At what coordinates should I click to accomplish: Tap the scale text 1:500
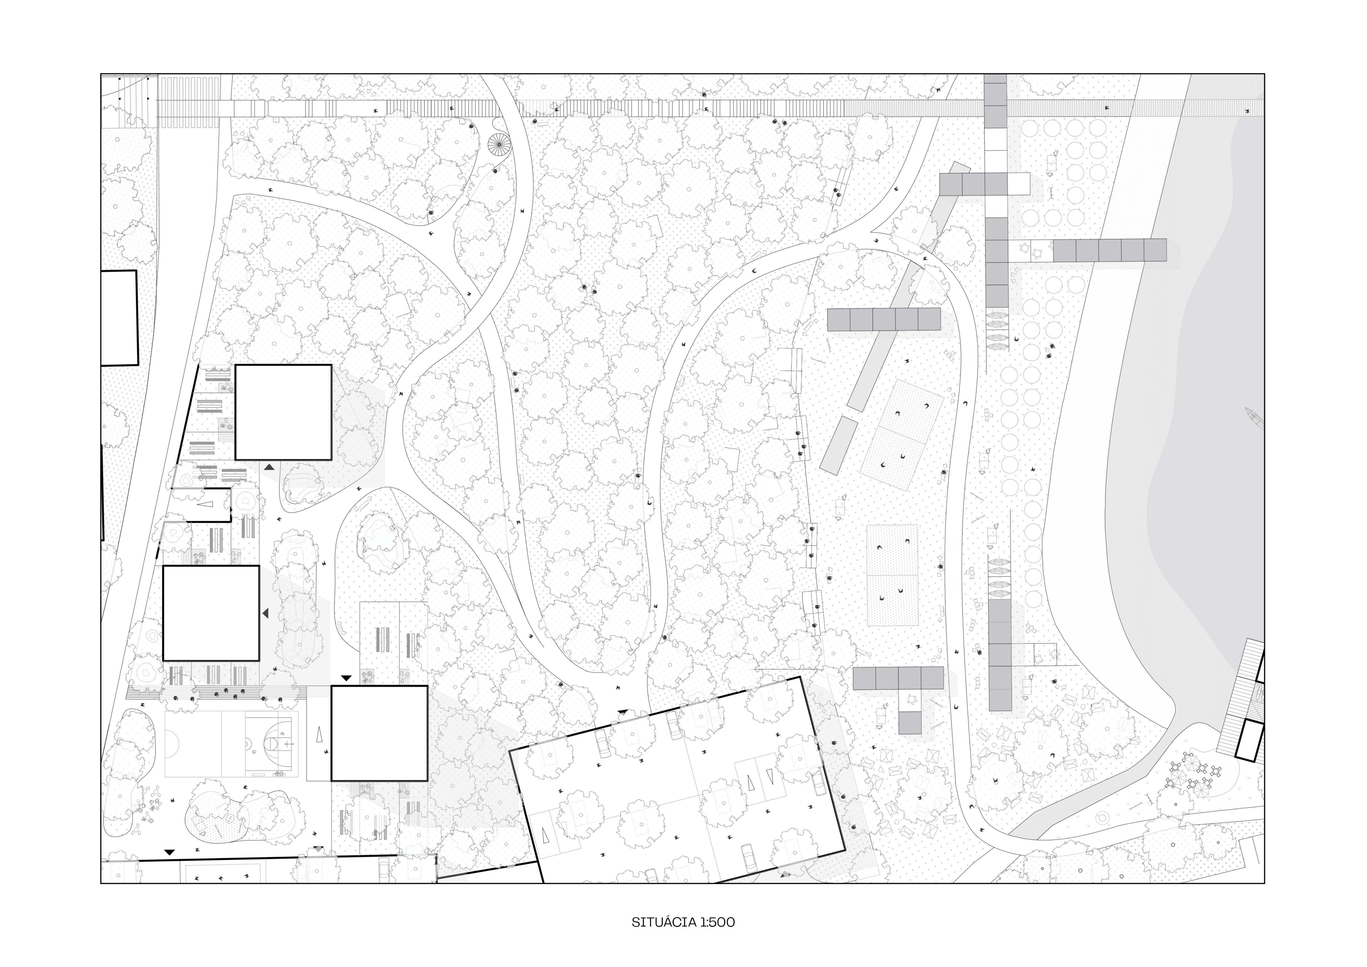(718, 922)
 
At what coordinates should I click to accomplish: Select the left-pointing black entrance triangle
(265, 613)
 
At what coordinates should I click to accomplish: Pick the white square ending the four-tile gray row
(1019, 184)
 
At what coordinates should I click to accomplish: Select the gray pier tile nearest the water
(1155, 250)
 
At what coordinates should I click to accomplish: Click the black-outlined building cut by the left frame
(119, 318)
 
